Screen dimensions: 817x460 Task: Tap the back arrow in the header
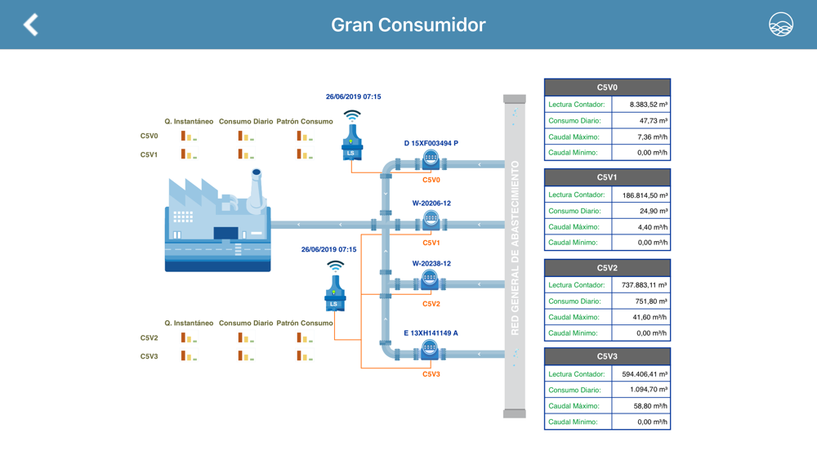(31, 25)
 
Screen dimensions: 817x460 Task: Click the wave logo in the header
(780, 25)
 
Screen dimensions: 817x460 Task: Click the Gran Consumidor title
(408, 25)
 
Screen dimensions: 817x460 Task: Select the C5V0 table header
(607, 87)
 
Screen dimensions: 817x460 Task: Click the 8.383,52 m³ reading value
(648, 105)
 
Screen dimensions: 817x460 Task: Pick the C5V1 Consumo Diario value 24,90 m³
(654, 211)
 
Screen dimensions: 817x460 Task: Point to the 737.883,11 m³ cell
(644, 285)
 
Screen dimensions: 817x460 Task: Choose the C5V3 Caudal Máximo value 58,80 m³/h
(650, 406)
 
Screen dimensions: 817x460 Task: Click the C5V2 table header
(607, 268)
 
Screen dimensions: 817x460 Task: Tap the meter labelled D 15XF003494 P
(431, 159)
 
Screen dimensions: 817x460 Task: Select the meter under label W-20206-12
(431, 219)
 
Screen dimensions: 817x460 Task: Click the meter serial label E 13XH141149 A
(431, 333)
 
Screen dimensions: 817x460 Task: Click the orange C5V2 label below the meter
(431, 304)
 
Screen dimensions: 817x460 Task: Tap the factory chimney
(256, 190)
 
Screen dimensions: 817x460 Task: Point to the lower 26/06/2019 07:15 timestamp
(328, 249)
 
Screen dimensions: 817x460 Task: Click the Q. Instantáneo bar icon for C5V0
(189, 136)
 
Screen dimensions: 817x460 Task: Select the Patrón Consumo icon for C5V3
(305, 355)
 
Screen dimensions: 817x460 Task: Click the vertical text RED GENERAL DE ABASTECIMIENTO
(515, 248)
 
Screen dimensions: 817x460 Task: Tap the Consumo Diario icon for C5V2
(246, 337)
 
